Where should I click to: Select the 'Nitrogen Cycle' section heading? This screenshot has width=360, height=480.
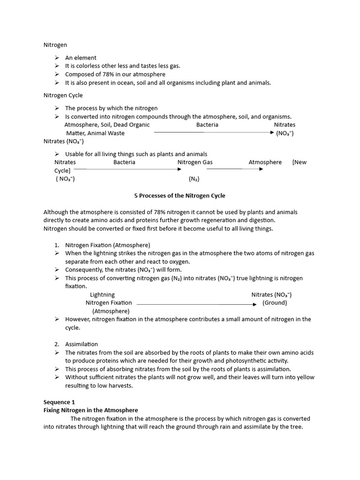coord(63,95)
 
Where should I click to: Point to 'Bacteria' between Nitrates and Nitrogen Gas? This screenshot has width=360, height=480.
coord(124,162)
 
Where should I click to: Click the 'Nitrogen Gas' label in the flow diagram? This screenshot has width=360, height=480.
coord(195,162)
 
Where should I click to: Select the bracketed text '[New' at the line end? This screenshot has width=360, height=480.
coord(299,162)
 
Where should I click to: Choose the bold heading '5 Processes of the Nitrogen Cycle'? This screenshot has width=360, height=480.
coord(180,195)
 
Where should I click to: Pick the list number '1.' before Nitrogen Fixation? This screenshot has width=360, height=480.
coord(57,245)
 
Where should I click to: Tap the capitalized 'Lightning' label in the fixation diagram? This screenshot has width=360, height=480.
coord(102,295)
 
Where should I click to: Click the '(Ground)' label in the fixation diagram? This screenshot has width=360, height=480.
coord(274,303)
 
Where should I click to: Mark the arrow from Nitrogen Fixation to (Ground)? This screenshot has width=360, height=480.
coord(197,304)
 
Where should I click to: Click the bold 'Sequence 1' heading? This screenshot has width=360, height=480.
coord(59,402)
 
